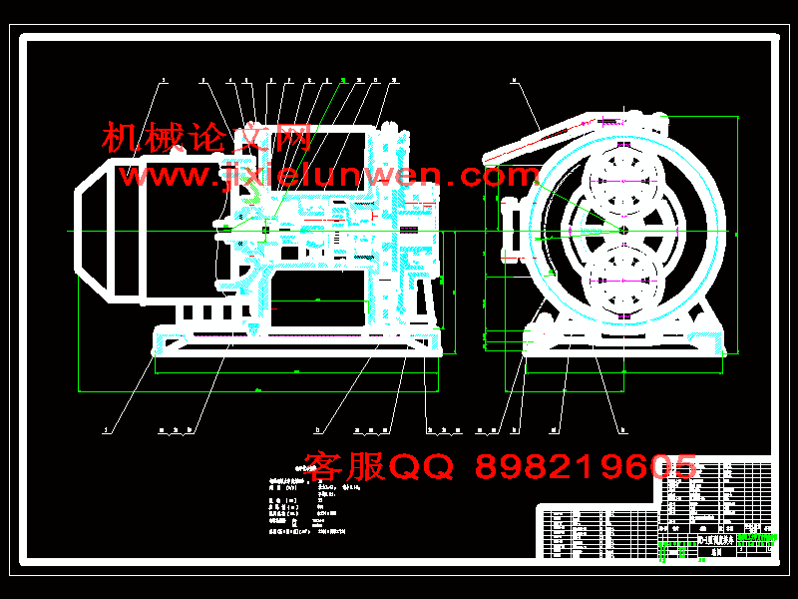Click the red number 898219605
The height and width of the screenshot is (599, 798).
pos(587,466)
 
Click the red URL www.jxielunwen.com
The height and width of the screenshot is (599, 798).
pos(329,177)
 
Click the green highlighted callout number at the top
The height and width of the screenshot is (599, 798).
pos(343,79)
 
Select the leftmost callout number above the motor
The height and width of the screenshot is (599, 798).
pos(165,79)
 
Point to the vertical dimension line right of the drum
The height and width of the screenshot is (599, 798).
pos(737,230)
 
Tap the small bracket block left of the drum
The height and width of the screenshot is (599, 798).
pos(513,230)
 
